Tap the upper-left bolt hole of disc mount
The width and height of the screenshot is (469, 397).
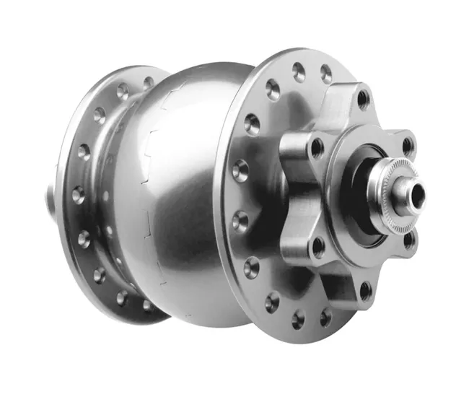(316, 148)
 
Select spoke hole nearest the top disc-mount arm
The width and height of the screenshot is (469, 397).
(325, 74)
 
